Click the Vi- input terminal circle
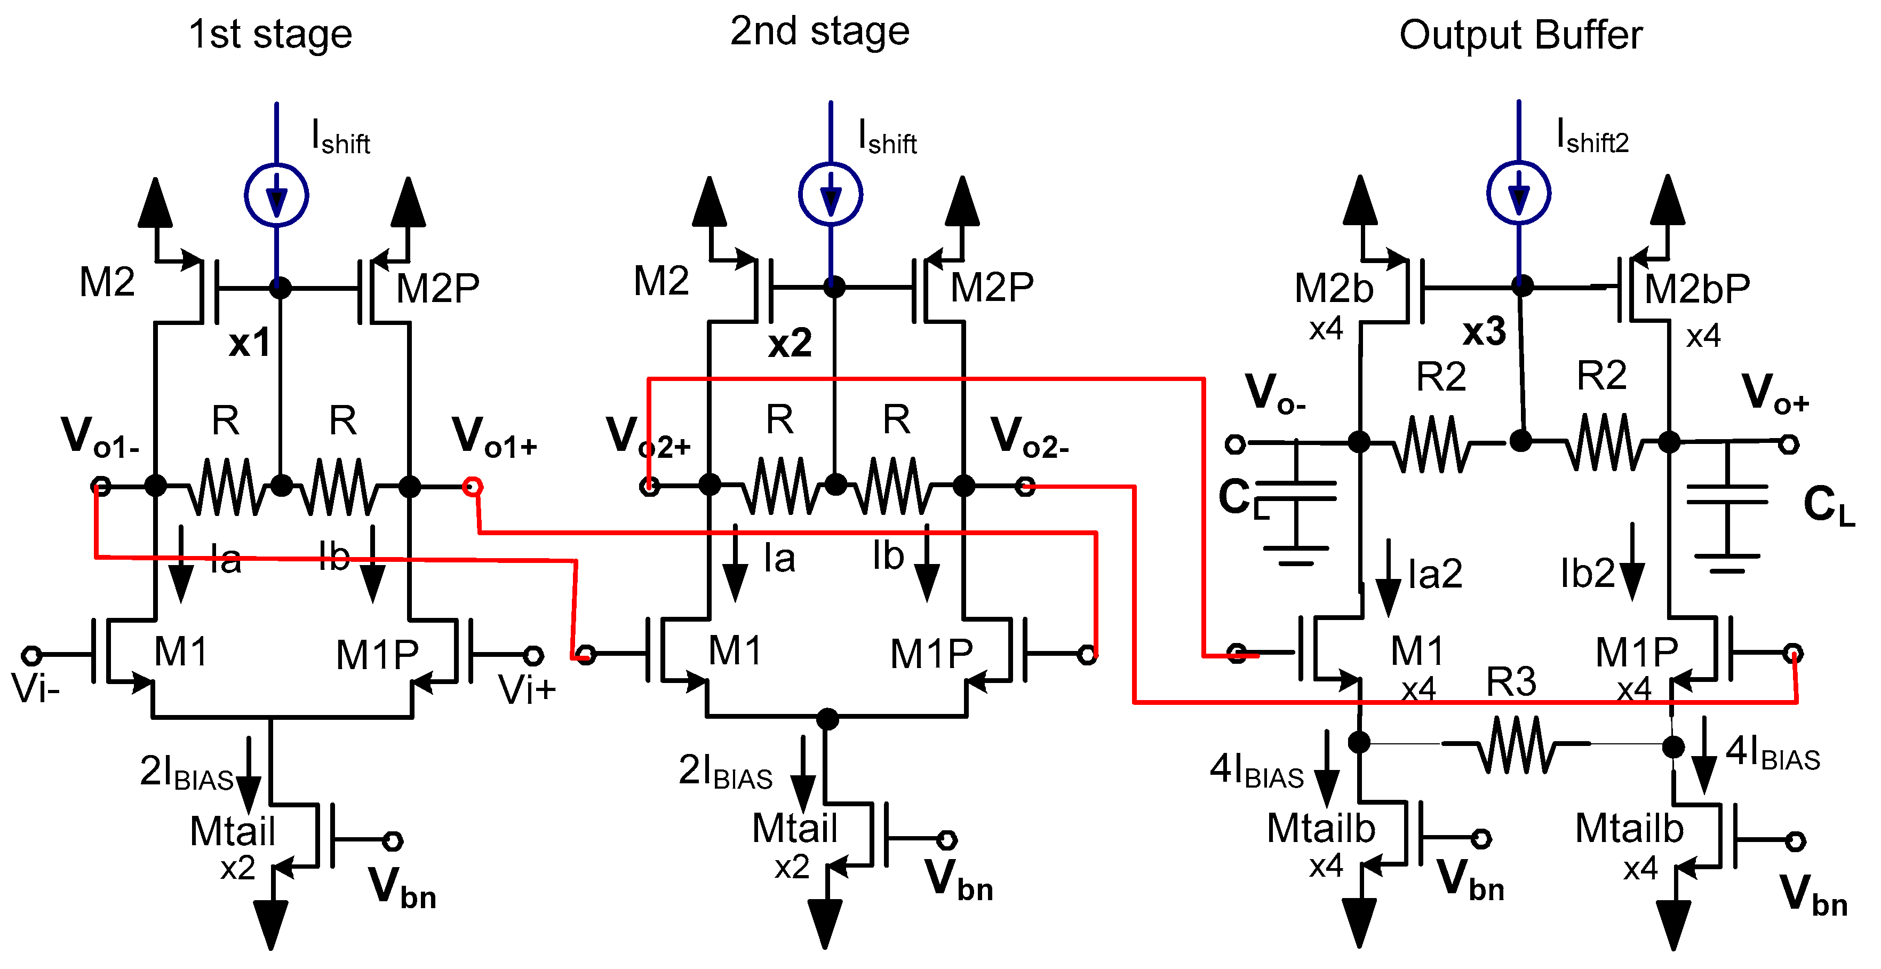click(x=30, y=655)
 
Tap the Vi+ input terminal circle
click(x=534, y=655)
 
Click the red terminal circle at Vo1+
click(x=473, y=486)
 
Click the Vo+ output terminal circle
click(x=1788, y=443)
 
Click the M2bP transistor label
click(x=1696, y=289)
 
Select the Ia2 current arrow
click(x=1388, y=577)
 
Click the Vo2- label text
click(x=1029, y=436)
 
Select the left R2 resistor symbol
click(x=1433, y=443)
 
